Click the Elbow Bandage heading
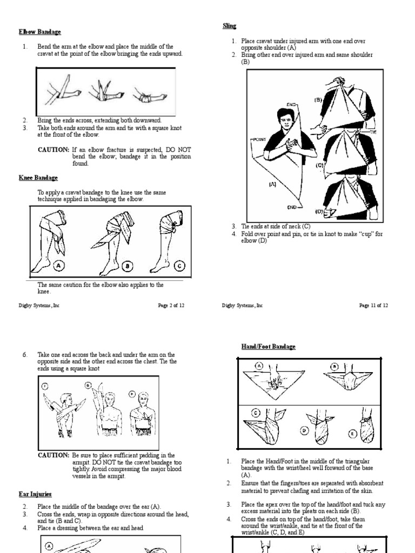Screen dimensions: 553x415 click(x=39, y=32)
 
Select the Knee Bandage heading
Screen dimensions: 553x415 click(x=38, y=178)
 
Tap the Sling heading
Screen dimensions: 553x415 click(x=230, y=25)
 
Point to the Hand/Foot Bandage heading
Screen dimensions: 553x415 click(x=268, y=346)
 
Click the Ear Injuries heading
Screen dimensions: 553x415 click(x=35, y=494)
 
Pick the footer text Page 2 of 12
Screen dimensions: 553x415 click(x=171, y=305)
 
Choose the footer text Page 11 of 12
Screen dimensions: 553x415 click(x=373, y=305)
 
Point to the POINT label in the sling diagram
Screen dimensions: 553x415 click(x=260, y=139)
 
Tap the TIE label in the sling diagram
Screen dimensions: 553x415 click(x=373, y=131)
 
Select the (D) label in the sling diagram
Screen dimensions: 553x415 click(x=319, y=212)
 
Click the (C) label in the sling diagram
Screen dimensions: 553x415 click(x=320, y=166)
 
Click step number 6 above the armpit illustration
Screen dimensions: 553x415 click(x=24, y=355)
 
